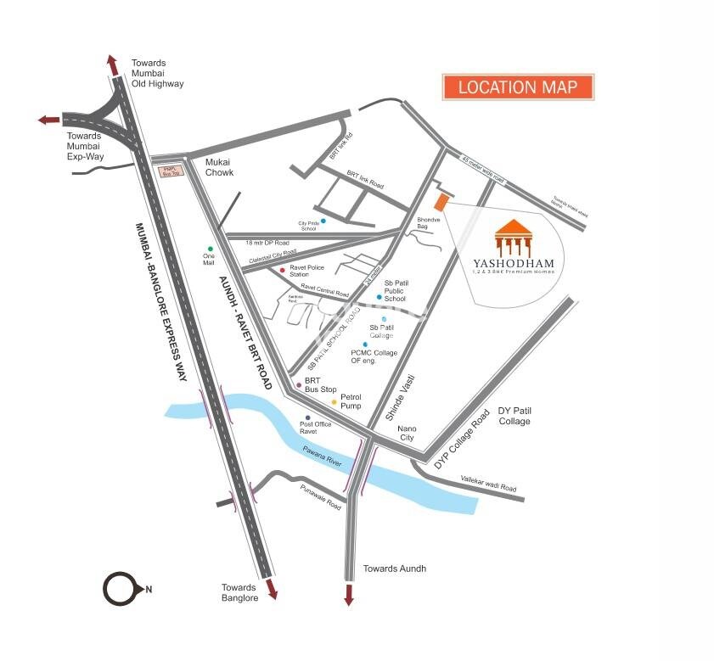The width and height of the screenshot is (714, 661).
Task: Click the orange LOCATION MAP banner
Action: coord(518,87)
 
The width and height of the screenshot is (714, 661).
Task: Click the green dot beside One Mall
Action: coord(209,249)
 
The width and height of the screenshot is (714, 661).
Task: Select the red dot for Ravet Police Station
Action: coord(282,270)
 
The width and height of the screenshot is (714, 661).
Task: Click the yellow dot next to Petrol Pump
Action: coord(334,401)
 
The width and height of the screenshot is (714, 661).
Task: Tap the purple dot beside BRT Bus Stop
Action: coord(299,385)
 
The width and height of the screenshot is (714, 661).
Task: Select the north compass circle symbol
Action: coord(120,589)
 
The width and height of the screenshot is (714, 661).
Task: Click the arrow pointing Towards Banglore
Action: coord(271,590)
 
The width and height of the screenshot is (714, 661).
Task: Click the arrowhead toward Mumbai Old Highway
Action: coord(111,64)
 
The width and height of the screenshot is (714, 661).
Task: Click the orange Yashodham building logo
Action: coord(514,238)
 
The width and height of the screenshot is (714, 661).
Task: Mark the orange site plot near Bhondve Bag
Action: coord(440,203)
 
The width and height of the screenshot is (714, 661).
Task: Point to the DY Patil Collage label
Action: coord(514,416)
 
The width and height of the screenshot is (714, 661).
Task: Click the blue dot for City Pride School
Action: coord(323,221)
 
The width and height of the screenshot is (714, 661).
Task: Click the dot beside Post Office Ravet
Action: coord(308,418)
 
